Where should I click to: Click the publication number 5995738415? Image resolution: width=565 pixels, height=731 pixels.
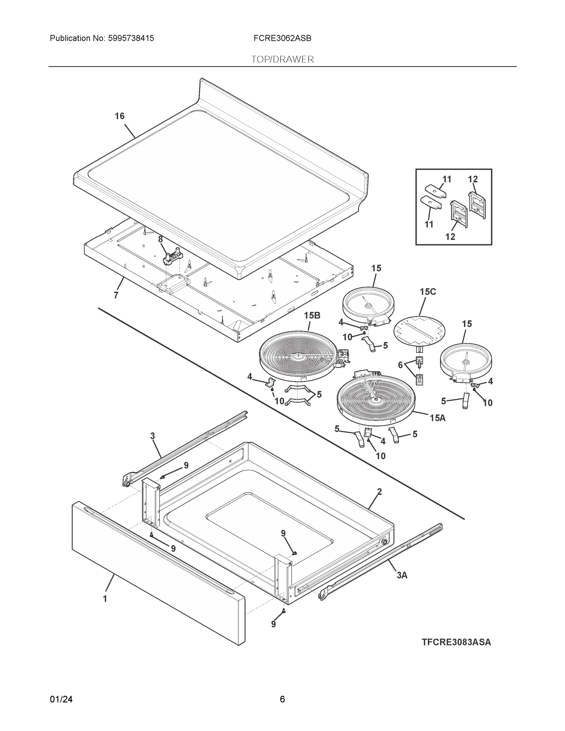coord(131,38)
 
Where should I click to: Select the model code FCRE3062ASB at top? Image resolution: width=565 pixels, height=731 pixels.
coord(282,38)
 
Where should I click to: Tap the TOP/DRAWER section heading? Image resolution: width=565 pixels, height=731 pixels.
coord(283,60)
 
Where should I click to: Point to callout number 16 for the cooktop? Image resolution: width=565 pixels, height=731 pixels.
coord(119,116)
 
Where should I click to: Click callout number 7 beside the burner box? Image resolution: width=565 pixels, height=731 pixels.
coord(116,295)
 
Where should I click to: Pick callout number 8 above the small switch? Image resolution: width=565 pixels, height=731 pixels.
coord(160,239)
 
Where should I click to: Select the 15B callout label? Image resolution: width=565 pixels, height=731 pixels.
coord(312,316)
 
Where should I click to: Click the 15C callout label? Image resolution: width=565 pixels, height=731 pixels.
coord(428,292)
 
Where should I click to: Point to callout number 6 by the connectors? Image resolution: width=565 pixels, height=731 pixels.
coord(400,365)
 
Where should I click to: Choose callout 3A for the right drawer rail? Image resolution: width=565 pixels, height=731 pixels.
coord(402,575)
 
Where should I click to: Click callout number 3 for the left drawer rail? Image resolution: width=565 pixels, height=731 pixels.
coord(153,436)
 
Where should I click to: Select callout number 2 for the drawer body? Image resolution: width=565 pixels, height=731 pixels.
coord(379,492)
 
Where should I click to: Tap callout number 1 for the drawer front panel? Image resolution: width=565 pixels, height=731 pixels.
coord(105,599)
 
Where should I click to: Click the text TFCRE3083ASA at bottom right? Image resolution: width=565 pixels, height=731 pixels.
coord(456,642)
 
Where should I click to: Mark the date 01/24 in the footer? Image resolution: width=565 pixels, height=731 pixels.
coord(61,699)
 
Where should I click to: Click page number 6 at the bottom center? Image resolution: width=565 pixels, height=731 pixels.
coord(282,699)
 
